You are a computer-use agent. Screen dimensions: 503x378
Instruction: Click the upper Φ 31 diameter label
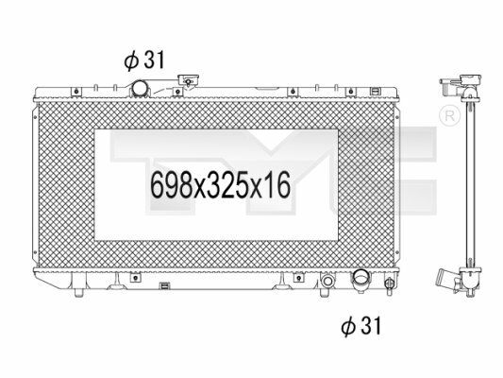[144, 60]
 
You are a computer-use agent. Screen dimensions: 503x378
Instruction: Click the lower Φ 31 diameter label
[360, 326]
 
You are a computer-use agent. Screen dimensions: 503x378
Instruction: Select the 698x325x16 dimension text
[221, 185]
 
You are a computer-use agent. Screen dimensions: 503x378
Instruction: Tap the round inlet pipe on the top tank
[140, 88]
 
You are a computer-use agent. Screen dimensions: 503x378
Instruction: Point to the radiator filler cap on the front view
[189, 80]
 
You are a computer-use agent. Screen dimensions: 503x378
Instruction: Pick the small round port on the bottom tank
[327, 282]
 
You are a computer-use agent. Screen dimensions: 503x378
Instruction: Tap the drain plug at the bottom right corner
[389, 285]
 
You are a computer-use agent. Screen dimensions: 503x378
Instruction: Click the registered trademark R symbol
[449, 116]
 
